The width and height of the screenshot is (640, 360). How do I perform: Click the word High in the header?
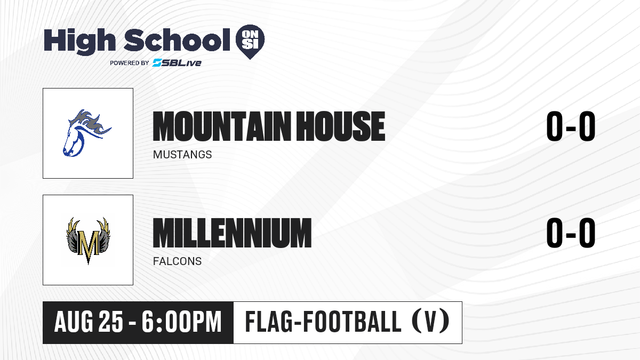tap(79, 42)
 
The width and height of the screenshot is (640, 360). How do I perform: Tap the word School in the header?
tap(177, 40)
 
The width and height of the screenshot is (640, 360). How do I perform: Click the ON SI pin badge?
tap(250, 42)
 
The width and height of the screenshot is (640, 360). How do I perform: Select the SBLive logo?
tap(177, 63)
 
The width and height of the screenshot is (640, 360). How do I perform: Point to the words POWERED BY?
tap(130, 63)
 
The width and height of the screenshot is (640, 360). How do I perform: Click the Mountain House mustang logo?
tap(87, 133)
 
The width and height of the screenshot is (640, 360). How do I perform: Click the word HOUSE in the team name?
tap(341, 126)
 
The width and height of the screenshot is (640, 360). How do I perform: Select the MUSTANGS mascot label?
tap(182, 155)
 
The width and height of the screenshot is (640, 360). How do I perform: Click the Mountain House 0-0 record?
tap(571, 126)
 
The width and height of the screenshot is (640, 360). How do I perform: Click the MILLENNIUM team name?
tap(232, 233)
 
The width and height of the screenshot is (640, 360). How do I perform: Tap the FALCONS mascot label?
tap(177, 261)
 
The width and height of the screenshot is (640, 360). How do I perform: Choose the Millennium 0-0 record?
tap(571, 233)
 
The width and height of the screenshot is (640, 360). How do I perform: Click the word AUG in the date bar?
tap(74, 322)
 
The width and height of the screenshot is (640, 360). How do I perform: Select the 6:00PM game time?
tap(182, 322)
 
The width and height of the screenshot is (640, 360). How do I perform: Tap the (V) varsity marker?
tap(431, 321)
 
